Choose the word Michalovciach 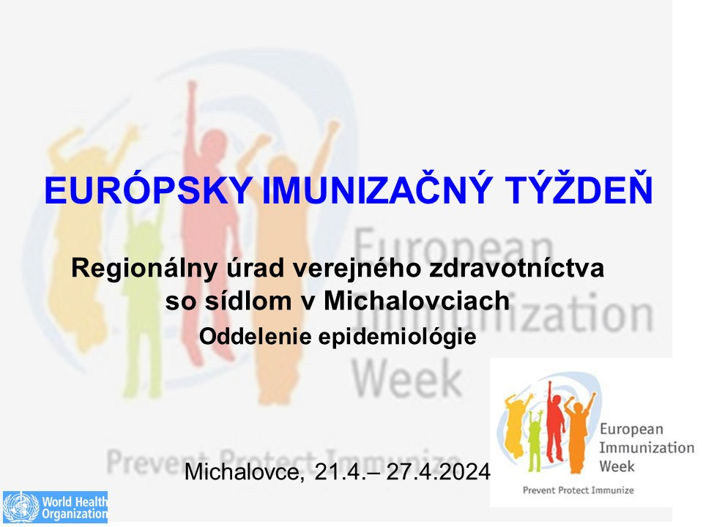tap(417, 300)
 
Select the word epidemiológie tap(397, 337)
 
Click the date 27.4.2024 tap(438, 471)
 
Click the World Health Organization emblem tap(21, 507)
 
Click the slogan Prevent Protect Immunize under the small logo tap(579, 490)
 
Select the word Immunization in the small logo tap(647, 447)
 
